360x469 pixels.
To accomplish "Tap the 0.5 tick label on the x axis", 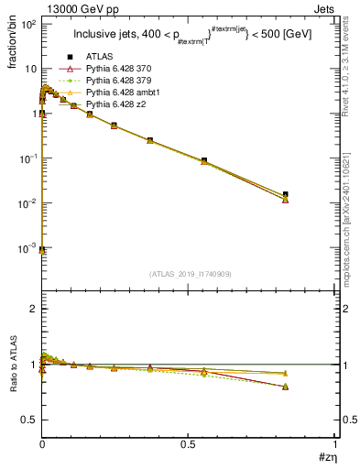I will point(189,444).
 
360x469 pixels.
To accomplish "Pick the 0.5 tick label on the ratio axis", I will point(28,420).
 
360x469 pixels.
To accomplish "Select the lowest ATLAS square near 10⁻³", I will point(42,249).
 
